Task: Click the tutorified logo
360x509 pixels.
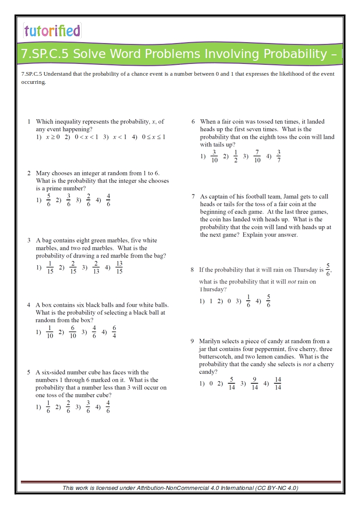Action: [x=52, y=31]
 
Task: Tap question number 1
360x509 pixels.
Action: [x=29, y=121]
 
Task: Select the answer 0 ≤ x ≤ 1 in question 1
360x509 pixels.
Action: [x=154, y=137]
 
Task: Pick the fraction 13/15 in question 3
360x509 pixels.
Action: [x=119, y=267]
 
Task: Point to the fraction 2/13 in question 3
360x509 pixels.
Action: [x=96, y=267]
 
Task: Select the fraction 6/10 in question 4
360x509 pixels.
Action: [x=73, y=332]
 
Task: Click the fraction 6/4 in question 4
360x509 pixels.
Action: [x=114, y=332]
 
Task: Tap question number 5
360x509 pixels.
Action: [x=29, y=373]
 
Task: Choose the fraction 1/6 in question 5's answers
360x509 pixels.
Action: [x=49, y=407]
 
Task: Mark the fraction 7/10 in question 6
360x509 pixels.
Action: [x=257, y=156]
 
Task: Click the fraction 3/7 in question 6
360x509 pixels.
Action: [x=278, y=156]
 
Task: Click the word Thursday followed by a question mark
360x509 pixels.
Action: [x=213, y=289]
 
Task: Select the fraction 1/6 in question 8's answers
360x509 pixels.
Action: [x=248, y=301]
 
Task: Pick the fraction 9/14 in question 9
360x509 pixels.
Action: [x=254, y=383]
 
